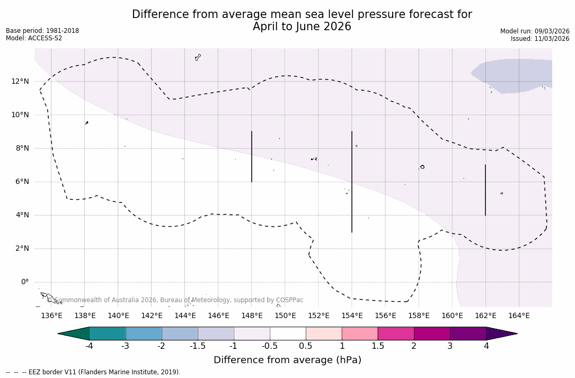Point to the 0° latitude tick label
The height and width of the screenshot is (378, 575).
click(x=24, y=282)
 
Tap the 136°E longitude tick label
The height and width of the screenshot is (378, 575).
click(x=51, y=316)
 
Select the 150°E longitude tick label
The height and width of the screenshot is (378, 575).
click(x=285, y=316)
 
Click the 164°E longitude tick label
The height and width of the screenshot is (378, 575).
click(x=519, y=316)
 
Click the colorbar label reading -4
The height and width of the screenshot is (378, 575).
click(x=90, y=346)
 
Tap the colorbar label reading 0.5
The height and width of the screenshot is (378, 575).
click(x=306, y=346)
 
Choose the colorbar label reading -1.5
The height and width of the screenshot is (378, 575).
click(x=198, y=346)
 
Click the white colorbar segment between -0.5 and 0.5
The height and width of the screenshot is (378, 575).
click(x=288, y=333)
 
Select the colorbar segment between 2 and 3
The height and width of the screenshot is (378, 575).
click(x=432, y=333)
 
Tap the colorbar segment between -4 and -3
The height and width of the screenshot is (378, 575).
click(x=108, y=333)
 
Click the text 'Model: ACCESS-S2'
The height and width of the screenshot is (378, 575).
click(x=34, y=38)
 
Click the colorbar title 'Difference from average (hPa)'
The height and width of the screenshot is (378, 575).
click(x=287, y=361)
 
